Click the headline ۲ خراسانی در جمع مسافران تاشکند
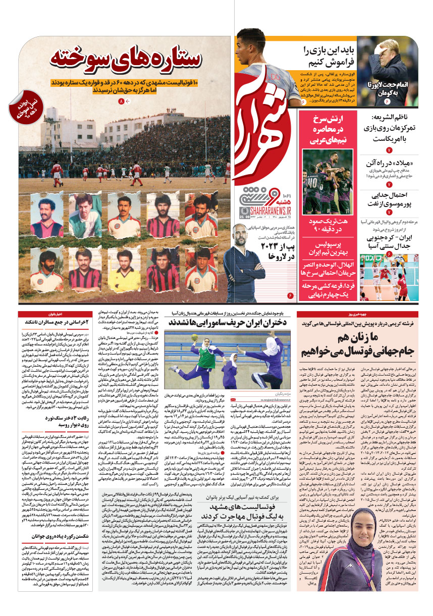[x=57, y=321]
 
